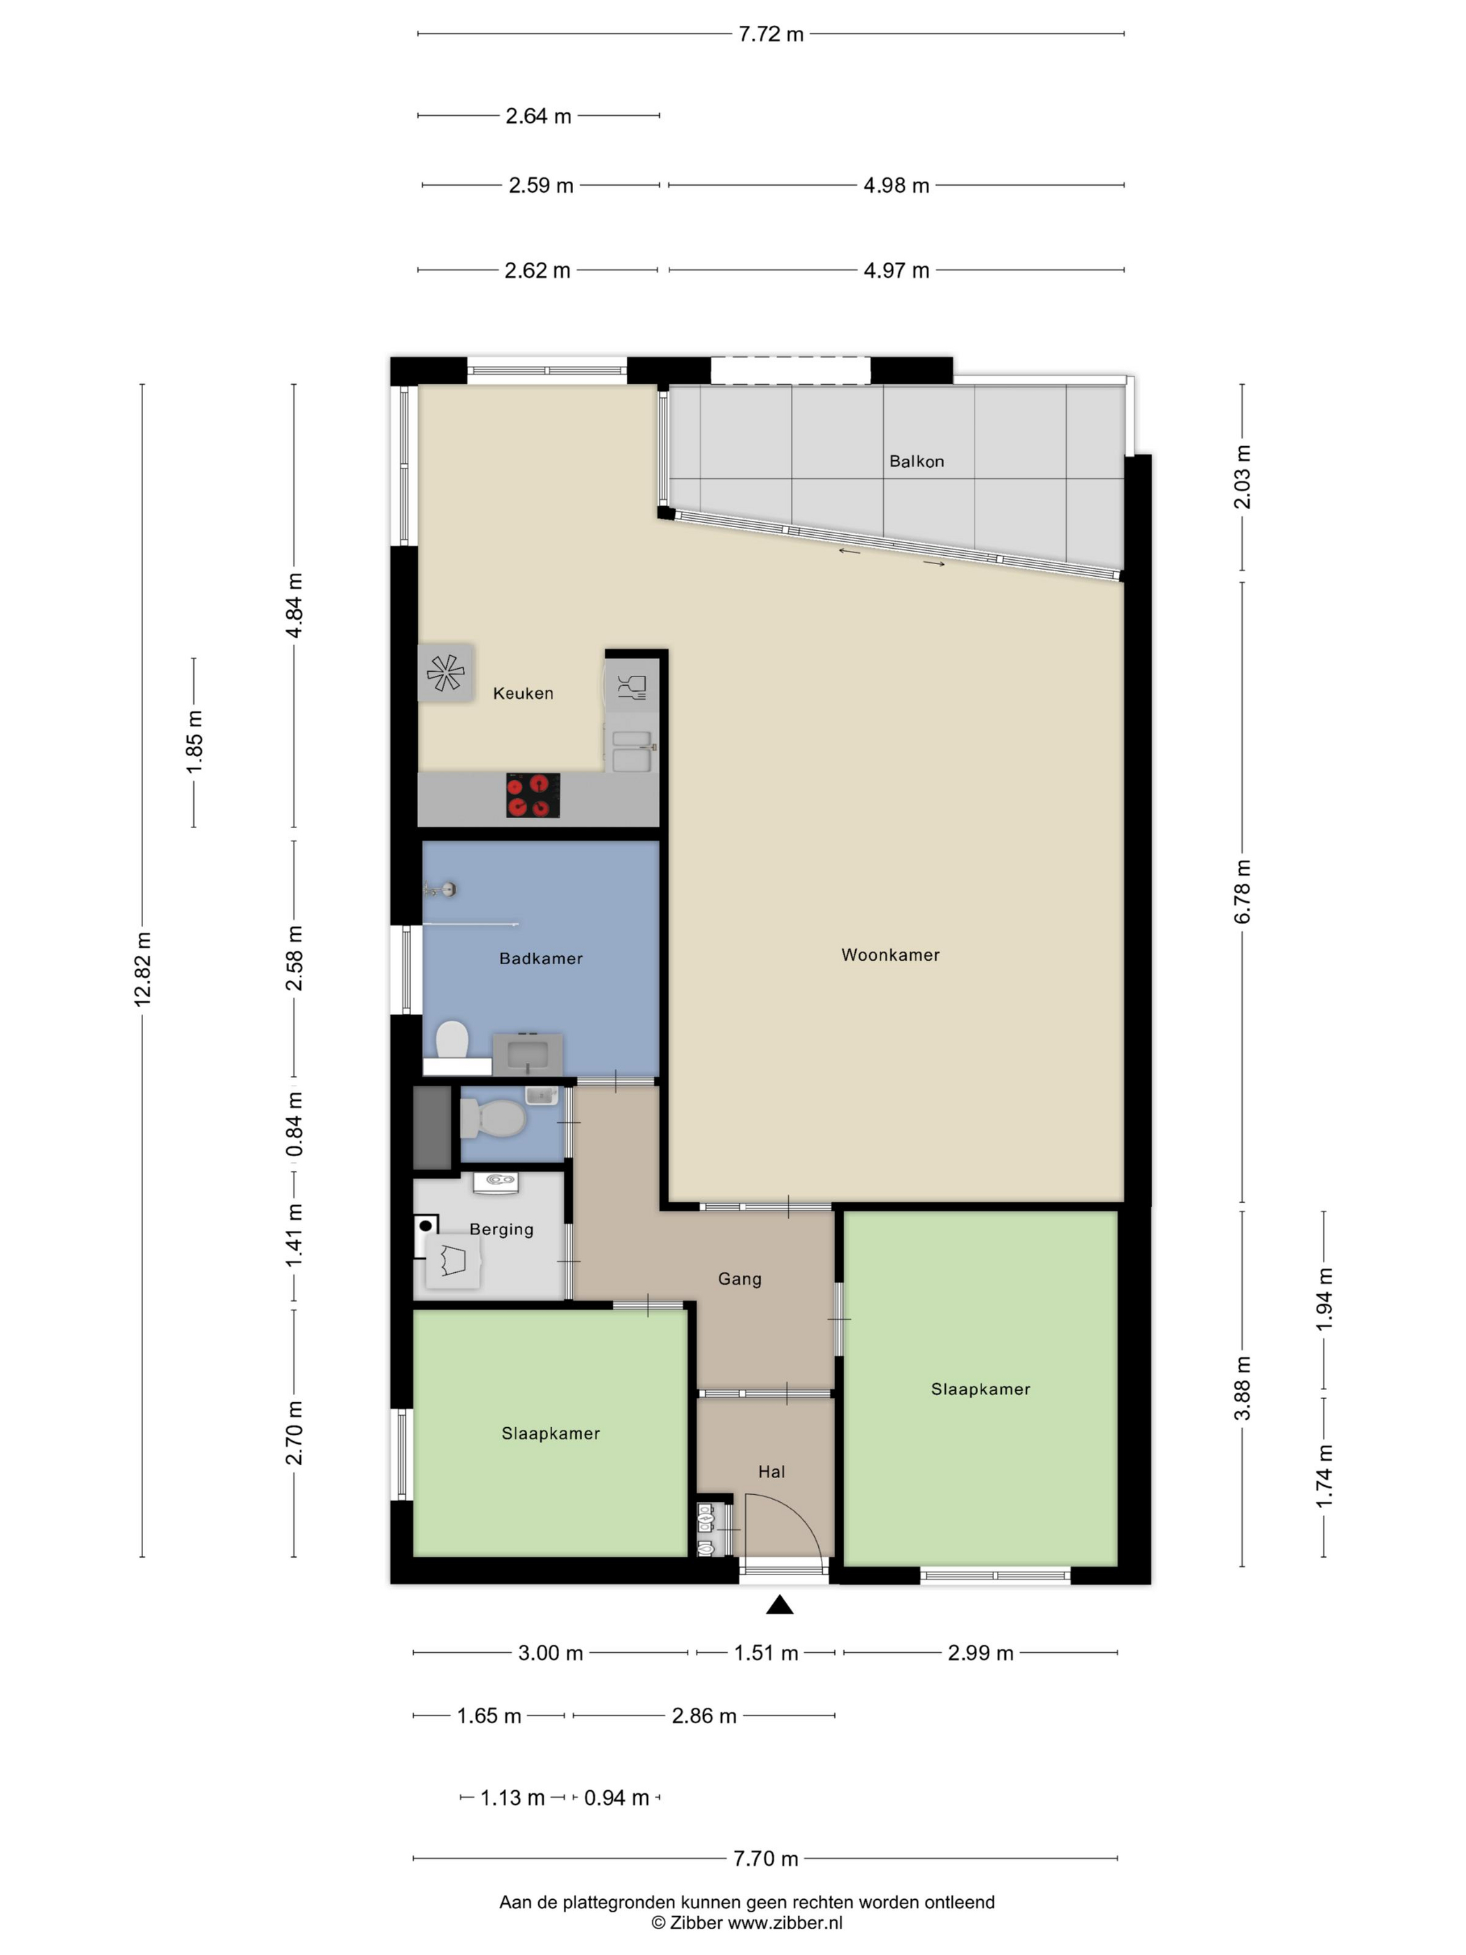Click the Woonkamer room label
(x=890, y=954)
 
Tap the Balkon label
(x=917, y=462)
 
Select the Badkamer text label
(x=541, y=958)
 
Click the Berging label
(x=501, y=1230)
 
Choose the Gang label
(x=739, y=1279)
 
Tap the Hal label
(x=771, y=1472)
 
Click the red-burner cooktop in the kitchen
(x=533, y=795)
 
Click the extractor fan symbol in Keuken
(x=445, y=672)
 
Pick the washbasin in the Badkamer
(x=528, y=1054)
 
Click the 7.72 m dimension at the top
(x=771, y=34)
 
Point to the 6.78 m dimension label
(x=1243, y=892)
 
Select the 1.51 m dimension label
(x=766, y=1653)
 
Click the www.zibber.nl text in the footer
(x=785, y=1922)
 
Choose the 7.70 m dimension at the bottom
(x=765, y=1859)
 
